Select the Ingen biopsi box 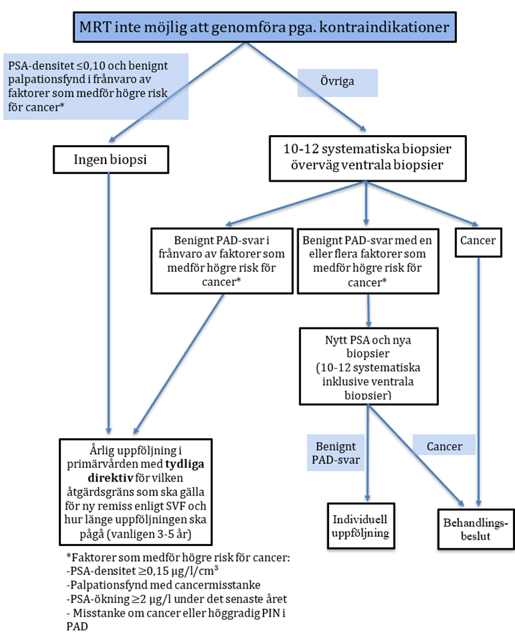108,160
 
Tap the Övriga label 338,83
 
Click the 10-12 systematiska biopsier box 366,159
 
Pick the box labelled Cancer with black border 478,241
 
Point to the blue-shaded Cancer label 444,445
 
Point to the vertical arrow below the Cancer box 479,374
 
